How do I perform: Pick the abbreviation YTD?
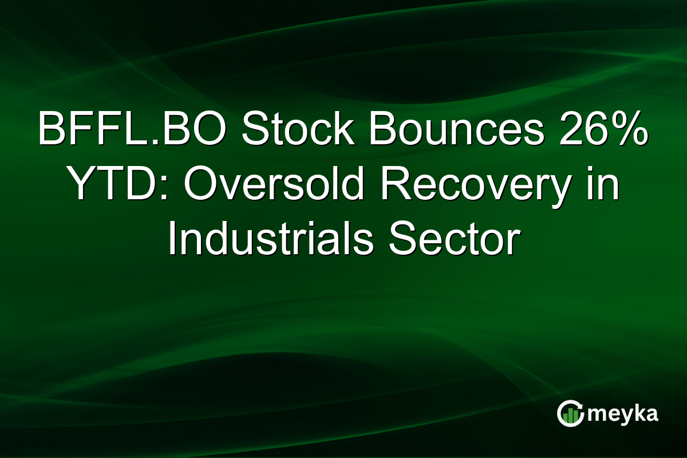click(x=112, y=186)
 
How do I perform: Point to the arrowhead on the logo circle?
click(x=581, y=406)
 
